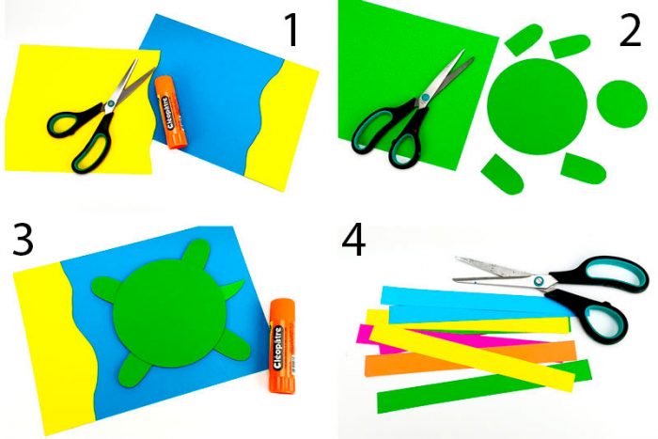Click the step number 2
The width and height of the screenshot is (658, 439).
(631, 30)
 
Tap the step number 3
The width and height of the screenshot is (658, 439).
(23, 239)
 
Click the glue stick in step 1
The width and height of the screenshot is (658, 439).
(170, 112)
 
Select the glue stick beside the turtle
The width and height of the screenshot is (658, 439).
(282, 346)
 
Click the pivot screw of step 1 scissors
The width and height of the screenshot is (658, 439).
(110, 103)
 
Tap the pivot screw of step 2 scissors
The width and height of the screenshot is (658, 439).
(426, 98)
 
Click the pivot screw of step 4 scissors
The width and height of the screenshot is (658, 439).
(539, 281)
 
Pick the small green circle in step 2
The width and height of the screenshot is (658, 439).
(621, 104)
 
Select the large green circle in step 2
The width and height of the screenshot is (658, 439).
(537, 106)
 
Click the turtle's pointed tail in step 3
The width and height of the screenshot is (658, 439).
(235, 290)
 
